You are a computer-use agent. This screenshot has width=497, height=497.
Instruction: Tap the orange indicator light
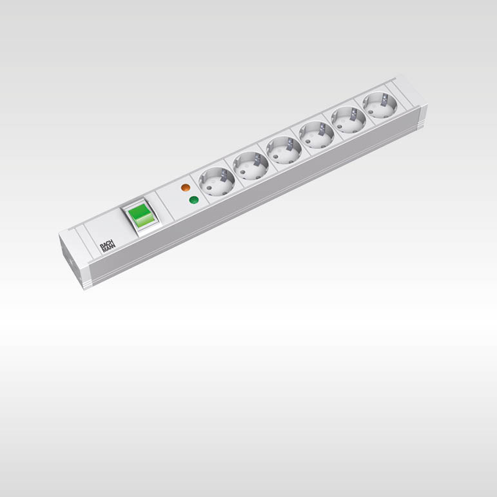coord(186,188)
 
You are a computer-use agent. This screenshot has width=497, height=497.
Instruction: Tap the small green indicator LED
coord(192,200)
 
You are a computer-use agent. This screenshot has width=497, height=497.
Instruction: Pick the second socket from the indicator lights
coord(251,166)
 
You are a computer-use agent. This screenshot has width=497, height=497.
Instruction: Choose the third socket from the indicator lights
coord(284,150)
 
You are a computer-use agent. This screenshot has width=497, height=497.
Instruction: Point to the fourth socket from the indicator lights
coord(317,134)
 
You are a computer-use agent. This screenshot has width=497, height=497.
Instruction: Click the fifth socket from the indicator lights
coord(349,119)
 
